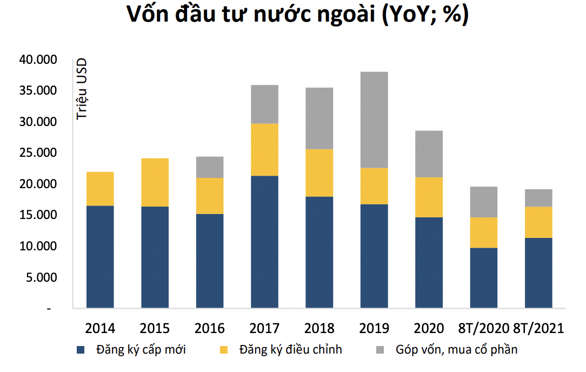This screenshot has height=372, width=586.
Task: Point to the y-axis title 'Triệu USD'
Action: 82,89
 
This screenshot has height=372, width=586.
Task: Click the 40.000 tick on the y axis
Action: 38,59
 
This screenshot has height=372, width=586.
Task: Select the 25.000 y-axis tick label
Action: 38,153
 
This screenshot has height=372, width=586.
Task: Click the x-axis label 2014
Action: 100,328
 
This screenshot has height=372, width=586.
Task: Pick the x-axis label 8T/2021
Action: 538,328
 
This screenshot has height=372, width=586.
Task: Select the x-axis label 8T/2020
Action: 483,328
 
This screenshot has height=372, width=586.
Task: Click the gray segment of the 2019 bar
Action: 374,119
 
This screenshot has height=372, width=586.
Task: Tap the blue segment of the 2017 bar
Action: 264,242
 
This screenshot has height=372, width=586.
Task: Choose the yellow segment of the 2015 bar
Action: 155,182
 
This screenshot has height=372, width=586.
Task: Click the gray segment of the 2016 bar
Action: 210,167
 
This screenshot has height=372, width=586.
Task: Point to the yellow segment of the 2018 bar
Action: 319,172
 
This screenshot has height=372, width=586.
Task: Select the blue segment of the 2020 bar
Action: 429,262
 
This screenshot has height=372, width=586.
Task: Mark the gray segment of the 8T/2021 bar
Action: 538,198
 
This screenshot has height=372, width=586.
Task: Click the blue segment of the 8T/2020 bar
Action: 483,278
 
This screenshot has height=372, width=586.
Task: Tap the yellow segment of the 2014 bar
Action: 100,189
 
